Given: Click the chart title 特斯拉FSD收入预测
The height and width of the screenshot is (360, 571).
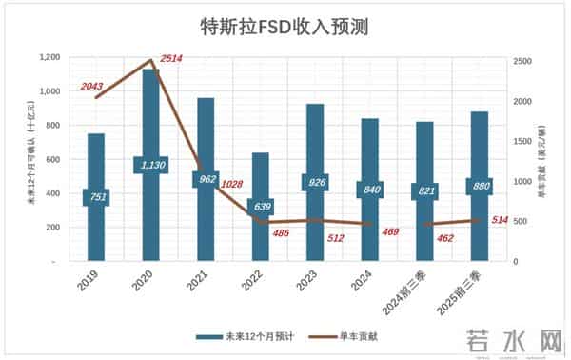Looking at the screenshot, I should coord(285,26).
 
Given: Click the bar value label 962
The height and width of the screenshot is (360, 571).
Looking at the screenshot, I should coord(206,177).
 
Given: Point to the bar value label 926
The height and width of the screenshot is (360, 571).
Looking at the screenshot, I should coord(315,181).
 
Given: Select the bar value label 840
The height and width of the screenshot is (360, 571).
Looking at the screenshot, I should coord(369,189).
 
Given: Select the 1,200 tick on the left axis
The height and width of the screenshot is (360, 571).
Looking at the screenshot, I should coord(49,58).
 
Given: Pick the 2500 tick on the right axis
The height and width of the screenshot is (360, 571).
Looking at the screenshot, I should coord(517,60).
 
